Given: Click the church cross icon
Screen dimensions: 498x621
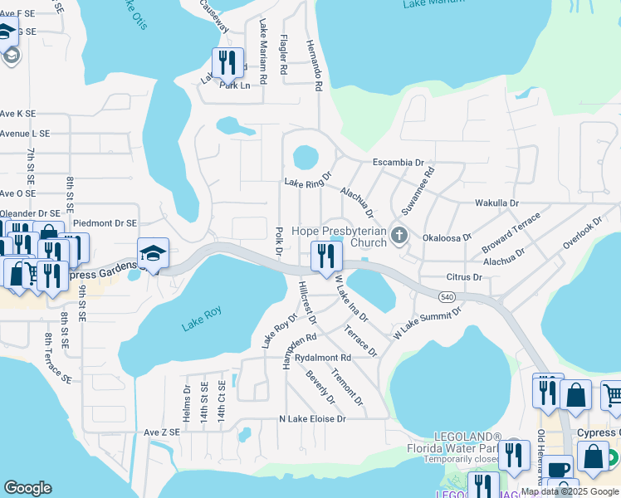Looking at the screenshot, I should click(x=399, y=237).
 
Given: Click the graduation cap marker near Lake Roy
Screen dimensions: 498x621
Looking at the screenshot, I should click(x=154, y=253).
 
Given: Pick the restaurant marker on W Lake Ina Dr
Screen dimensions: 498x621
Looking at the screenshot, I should click(x=325, y=256).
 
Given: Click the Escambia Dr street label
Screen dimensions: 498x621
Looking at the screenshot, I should click(x=398, y=162).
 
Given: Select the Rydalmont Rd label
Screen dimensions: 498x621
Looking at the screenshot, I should click(x=324, y=358).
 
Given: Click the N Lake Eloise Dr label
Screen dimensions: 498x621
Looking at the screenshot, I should click(x=312, y=419).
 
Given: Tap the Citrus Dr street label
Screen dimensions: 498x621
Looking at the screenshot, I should click(x=464, y=277).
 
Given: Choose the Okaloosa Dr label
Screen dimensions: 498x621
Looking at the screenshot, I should click(x=447, y=237).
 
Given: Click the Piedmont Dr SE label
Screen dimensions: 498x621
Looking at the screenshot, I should click(x=105, y=223).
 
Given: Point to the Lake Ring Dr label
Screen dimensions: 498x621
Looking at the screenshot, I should click(x=308, y=180).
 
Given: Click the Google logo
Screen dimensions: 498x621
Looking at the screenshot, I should click(x=27, y=488).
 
